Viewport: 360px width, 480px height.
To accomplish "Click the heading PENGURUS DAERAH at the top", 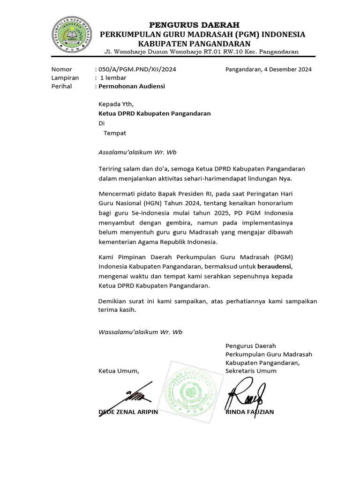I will point(194,24).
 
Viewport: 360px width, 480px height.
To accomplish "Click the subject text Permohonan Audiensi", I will point(131,86).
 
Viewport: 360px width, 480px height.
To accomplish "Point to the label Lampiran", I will point(65,78).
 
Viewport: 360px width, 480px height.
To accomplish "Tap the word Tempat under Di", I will point(114,133).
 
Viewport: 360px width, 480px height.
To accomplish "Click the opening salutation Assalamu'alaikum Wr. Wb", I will point(137,152).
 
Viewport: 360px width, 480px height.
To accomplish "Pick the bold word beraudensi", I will point(277,266).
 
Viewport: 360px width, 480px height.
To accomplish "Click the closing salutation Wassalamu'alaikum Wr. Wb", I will point(140,332).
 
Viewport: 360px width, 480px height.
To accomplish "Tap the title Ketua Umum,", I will point(119,371).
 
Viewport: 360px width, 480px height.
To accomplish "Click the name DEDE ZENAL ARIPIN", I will point(128,412).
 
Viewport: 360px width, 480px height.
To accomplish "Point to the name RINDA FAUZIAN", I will point(249,412).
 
